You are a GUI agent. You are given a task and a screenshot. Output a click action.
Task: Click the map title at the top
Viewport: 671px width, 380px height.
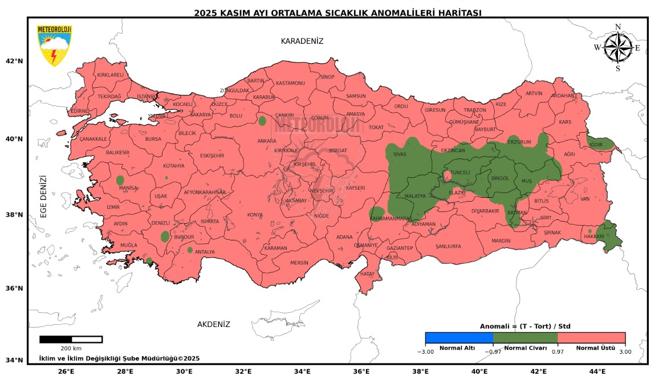(337, 13)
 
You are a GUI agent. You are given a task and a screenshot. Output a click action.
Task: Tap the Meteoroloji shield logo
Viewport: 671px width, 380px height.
(54, 46)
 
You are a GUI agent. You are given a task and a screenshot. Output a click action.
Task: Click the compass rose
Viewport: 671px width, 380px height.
(617, 48)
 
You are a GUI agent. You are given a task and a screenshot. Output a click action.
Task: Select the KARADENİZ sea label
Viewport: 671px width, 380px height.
(302, 41)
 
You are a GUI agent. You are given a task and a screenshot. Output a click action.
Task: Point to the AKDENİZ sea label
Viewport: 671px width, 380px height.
(213, 324)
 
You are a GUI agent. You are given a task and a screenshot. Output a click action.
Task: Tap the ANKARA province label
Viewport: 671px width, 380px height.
(267, 141)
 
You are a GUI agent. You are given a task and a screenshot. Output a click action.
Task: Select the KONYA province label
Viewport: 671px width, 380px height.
(255, 215)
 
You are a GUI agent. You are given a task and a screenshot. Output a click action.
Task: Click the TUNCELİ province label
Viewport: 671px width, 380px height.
(460, 172)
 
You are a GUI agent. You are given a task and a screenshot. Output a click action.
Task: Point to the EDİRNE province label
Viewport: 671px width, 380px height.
(79, 111)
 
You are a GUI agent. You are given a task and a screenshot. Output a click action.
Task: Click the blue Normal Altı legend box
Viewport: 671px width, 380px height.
(459, 337)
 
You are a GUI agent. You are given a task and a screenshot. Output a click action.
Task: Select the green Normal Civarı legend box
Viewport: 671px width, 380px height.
(525, 337)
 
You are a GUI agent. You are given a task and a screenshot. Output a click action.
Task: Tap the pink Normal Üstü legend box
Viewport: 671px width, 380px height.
(591, 337)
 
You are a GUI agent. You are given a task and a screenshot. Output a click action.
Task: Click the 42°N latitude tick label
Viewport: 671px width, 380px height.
(14, 61)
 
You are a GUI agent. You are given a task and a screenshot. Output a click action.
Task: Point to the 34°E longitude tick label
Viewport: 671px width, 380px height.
(302, 371)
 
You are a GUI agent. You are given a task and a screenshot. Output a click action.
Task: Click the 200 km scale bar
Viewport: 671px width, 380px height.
(71, 340)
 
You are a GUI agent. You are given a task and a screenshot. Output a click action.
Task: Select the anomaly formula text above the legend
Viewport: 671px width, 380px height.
(524, 326)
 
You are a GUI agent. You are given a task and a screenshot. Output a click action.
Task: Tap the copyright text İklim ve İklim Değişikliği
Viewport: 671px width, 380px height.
(119, 358)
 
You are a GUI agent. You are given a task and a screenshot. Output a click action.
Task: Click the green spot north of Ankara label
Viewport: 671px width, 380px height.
(262, 121)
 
